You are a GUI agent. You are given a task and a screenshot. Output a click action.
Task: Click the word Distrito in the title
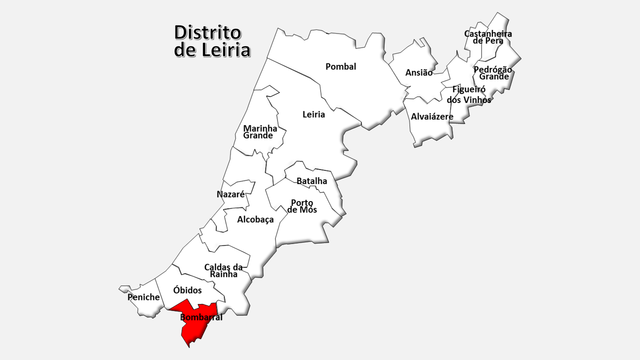point(207,33)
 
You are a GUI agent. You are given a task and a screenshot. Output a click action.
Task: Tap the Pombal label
point(340,66)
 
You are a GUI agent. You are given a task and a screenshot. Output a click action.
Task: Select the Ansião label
point(419,72)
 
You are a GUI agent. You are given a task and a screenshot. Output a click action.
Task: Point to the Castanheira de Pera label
point(488,37)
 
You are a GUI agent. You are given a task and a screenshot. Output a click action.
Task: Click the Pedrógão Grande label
point(493,73)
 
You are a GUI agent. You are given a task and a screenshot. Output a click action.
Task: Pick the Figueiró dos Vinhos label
point(469,94)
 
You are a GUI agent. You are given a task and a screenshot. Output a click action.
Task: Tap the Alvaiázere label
point(432,116)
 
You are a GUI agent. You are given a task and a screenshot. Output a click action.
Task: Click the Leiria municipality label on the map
point(313,114)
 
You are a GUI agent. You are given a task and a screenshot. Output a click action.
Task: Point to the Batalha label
point(311,181)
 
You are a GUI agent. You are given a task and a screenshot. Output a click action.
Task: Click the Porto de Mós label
point(302,206)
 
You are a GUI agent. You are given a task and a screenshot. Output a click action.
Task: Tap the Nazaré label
point(230,194)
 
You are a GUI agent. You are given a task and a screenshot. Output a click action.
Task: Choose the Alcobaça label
point(255,219)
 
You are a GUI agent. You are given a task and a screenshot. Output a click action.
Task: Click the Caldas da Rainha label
point(223,270)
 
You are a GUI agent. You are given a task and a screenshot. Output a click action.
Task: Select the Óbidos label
point(187,290)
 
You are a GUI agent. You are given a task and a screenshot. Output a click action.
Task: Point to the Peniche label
point(143,297)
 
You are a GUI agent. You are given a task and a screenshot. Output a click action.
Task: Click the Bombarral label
point(201,317)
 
